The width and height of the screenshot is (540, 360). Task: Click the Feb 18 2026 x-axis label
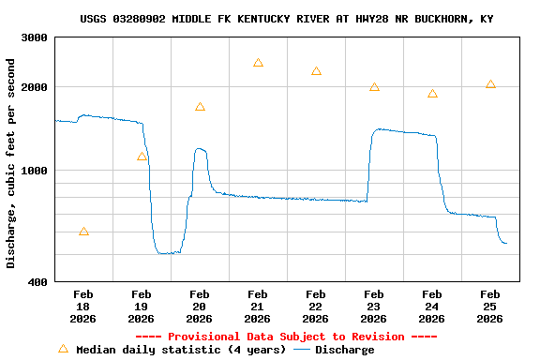83,307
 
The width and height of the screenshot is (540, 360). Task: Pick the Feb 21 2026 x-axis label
258,307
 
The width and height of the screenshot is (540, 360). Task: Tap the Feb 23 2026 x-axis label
374,307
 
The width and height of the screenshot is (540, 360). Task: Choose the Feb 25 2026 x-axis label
490,307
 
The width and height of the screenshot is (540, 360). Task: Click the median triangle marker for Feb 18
84,232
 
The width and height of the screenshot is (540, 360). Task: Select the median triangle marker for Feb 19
142,157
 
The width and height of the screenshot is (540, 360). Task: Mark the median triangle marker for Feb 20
200,107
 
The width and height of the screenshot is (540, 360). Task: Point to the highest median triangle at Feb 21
258,63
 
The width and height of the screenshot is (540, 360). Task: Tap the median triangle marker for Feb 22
316,71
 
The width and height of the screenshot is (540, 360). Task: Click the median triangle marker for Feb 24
432,94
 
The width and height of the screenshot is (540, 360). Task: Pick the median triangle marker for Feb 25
490,84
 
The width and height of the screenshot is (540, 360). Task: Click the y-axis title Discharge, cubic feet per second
11,163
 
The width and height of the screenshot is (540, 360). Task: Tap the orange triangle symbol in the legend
64,349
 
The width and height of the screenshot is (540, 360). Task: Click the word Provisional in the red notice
204,337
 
